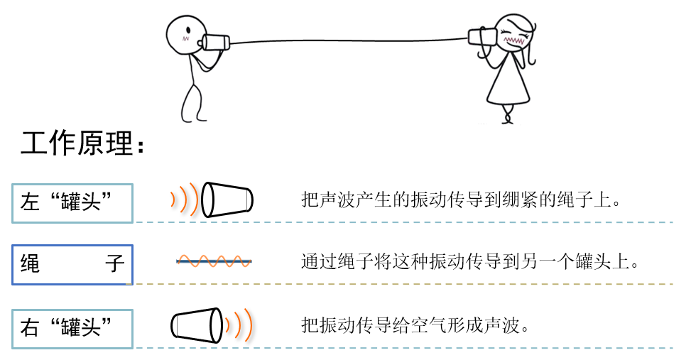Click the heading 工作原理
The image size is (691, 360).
86,145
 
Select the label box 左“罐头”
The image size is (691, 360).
72,202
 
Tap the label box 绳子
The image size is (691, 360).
72,264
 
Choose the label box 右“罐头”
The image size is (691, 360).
72,328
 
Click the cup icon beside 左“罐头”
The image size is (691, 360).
227,200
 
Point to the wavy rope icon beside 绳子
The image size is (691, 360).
214,261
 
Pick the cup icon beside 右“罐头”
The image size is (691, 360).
196,325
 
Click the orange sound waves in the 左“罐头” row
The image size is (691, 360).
185,199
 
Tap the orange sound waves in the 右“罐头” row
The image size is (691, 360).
238,325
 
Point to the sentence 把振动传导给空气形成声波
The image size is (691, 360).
415,326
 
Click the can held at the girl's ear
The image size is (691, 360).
484,36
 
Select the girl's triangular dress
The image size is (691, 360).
508,82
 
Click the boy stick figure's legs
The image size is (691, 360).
193,99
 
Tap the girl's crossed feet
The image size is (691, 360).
507,115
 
